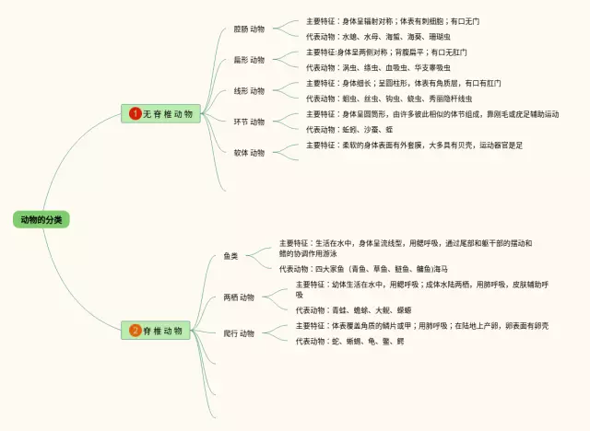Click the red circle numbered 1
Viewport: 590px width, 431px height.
click(x=135, y=113)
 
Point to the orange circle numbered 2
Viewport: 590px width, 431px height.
click(x=135, y=330)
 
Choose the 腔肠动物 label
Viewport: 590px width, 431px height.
click(x=249, y=29)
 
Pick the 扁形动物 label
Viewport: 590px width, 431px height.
click(x=249, y=60)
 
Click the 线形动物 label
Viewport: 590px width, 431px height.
click(x=249, y=91)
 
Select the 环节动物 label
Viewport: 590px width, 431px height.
click(x=249, y=122)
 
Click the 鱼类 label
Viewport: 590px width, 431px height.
click(x=230, y=255)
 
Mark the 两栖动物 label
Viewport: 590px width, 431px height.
click(x=239, y=297)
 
